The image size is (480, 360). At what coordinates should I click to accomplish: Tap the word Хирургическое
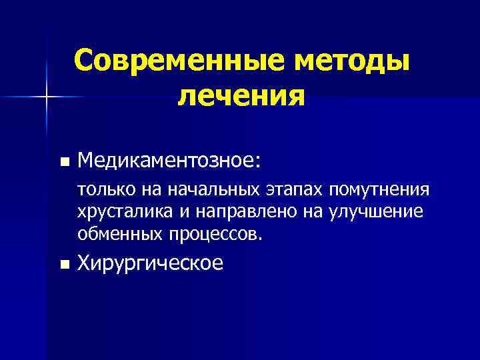151,264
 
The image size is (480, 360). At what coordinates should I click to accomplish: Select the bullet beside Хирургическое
63,265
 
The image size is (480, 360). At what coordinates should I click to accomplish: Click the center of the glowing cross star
47,97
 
